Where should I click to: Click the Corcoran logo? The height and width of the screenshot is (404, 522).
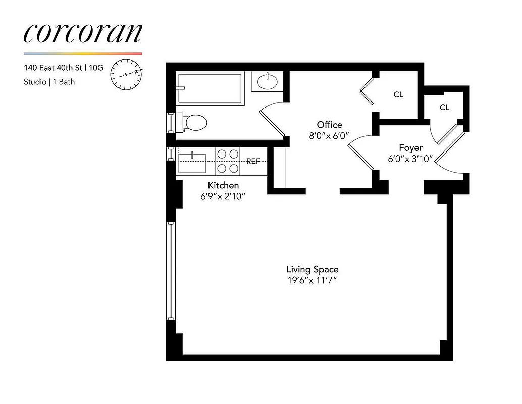click(x=83, y=33)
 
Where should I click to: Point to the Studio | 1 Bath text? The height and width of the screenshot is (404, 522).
click(x=49, y=81)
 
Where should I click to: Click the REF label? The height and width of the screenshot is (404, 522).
click(x=253, y=162)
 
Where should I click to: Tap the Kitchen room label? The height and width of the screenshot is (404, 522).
click(x=223, y=185)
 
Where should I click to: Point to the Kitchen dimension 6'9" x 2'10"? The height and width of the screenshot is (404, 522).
click(x=223, y=196)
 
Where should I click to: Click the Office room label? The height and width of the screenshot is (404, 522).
click(x=329, y=124)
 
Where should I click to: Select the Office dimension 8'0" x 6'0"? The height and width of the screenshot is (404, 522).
click(x=329, y=136)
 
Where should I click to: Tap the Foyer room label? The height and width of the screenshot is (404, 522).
click(x=410, y=148)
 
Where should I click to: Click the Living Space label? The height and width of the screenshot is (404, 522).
click(x=312, y=269)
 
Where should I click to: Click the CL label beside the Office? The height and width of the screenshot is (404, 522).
click(x=398, y=94)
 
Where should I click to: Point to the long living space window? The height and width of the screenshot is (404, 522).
click(x=171, y=270)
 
